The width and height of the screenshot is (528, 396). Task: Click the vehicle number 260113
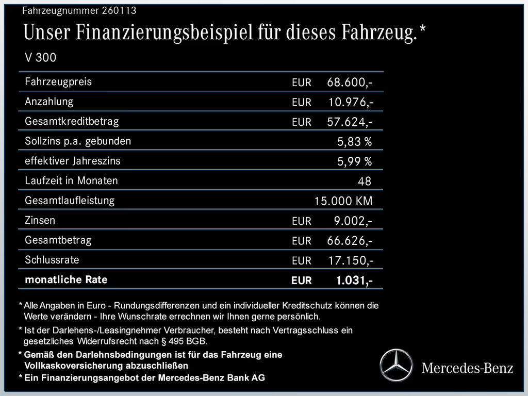120,10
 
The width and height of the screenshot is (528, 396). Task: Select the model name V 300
41,57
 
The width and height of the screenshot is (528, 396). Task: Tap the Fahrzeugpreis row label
58,81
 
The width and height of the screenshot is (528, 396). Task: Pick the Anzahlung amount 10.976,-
351,102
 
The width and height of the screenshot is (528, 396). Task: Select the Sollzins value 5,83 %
354,142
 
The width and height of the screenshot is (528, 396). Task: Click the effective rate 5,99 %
354,161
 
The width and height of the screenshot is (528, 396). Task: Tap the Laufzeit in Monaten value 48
364,181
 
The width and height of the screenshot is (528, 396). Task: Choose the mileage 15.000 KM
343,201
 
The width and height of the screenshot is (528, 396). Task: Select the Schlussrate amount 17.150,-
351,260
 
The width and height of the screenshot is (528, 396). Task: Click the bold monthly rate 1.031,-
354,280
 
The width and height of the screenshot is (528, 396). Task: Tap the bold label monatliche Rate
66,280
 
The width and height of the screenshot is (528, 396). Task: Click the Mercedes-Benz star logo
397,365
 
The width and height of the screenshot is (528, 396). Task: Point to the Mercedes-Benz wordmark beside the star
467,368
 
